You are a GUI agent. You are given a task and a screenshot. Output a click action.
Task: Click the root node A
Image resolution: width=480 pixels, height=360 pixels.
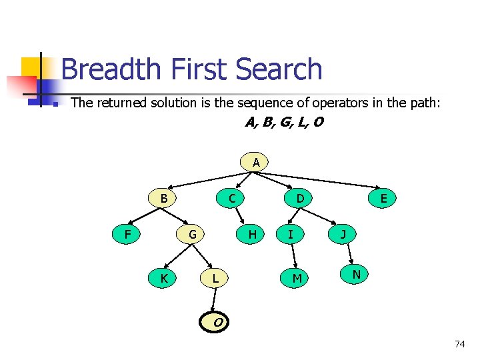pyautogui.click(x=256, y=162)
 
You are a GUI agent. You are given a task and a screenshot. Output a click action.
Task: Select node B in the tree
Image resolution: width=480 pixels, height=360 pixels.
pyautogui.click(x=163, y=198)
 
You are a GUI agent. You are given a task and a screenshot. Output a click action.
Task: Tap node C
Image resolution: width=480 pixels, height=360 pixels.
pyautogui.click(x=231, y=198)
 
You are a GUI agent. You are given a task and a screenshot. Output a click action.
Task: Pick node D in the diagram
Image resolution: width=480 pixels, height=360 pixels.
pyautogui.click(x=300, y=198)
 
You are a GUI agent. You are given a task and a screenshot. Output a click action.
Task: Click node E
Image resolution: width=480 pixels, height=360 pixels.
pyautogui.click(x=383, y=198)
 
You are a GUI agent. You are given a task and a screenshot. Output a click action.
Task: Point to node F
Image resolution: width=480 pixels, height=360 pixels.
pyautogui.click(x=127, y=234)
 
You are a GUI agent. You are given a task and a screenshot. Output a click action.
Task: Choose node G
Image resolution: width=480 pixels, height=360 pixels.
pyautogui.click(x=192, y=234)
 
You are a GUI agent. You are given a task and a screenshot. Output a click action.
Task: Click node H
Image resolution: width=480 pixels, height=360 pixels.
pyautogui.click(x=252, y=234)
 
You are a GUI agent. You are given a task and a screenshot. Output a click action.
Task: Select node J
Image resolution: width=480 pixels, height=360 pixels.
pyautogui.click(x=343, y=234)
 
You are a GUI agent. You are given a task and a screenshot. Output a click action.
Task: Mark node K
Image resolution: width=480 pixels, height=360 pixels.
pyautogui.click(x=163, y=277)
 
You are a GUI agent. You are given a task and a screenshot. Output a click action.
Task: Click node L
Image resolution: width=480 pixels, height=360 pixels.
pyautogui.click(x=215, y=277)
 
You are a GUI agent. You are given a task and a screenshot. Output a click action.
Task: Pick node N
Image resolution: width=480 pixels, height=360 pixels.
pyautogui.click(x=357, y=273)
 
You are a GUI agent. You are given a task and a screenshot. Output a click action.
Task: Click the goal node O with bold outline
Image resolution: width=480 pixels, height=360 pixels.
pyautogui.click(x=217, y=323)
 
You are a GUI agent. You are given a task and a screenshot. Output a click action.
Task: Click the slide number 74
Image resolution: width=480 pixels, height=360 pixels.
pyautogui.click(x=459, y=344)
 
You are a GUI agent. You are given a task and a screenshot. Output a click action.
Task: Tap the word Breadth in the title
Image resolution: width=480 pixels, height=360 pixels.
pyautogui.click(x=111, y=69)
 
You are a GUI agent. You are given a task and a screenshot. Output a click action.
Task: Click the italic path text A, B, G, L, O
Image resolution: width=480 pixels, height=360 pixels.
pyautogui.click(x=284, y=123)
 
